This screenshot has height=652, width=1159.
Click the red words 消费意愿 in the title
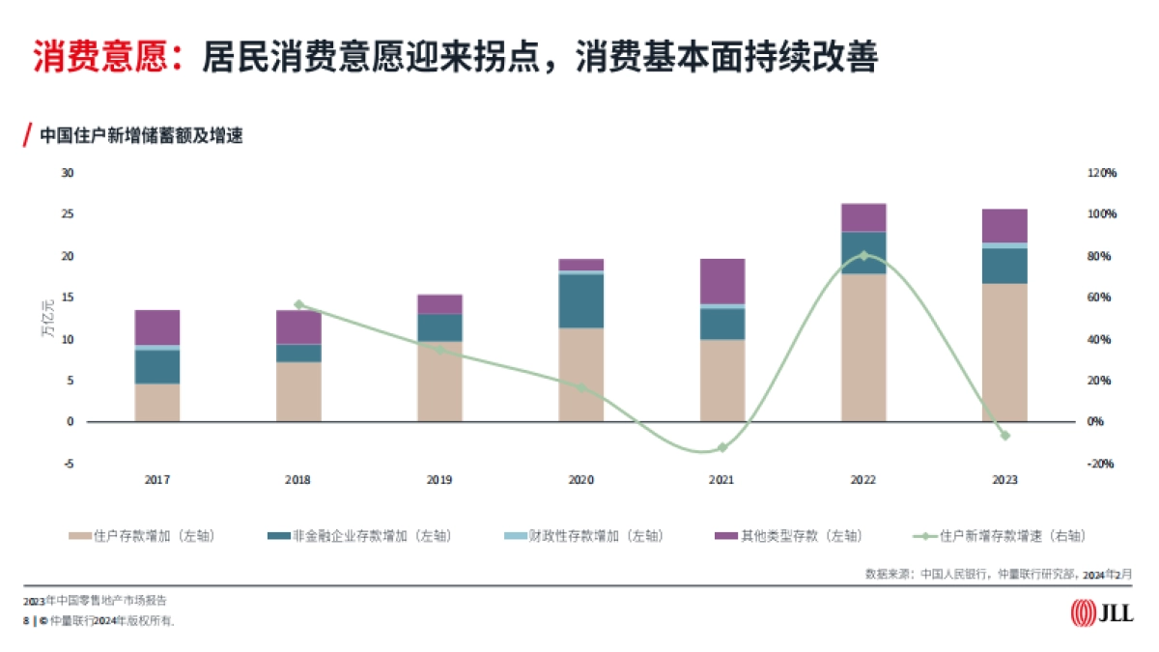click(x=101, y=57)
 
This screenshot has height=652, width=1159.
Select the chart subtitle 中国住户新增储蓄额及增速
click(x=140, y=136)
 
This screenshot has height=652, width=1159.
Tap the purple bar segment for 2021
click(x=722, y=281)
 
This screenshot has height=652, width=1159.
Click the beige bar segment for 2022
click(x=863, y=348)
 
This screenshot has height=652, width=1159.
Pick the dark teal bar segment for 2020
click(x=581, y=301)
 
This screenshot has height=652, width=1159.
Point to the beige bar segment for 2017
click(x=157, y=403)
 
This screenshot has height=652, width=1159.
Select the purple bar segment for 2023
click(x=1004, y=225)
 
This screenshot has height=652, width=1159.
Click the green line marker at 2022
click(x=863, y=255)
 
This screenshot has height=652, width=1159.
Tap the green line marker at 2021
click(x=722, y=447)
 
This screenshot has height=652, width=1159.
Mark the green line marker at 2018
click(x=298, y=304)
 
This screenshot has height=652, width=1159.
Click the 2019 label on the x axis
click(x=439, y=480)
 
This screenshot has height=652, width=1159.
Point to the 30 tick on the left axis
click(x=68, y=173)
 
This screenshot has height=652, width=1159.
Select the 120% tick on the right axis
click(x=1102, y=173)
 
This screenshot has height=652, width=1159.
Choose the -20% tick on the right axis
click(x=1102, y=464)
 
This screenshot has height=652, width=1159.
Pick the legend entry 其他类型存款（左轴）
click(x=788, y=536)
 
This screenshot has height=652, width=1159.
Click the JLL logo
click(x=1102, y=612)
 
